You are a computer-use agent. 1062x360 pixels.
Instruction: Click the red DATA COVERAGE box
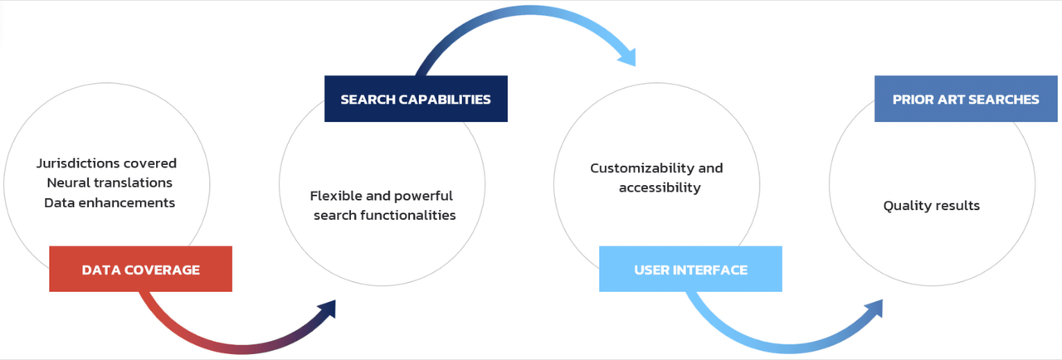(140, 269)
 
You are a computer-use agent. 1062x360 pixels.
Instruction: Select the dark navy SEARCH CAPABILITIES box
(415, 100)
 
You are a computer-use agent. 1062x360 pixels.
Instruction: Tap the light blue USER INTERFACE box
(690, 270)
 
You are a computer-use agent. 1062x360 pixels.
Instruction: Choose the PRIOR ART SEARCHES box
(966, 100)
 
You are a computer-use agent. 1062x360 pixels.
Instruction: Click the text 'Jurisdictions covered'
(107, 163)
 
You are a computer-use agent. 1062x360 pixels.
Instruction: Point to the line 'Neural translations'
(110, 182)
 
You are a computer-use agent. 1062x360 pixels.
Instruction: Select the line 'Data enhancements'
(110, 202)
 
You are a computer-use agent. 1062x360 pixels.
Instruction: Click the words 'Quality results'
(931, 206)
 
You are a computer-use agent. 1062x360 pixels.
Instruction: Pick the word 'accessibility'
(660, 187)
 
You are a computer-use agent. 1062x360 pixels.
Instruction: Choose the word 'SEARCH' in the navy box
(368, 100)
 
